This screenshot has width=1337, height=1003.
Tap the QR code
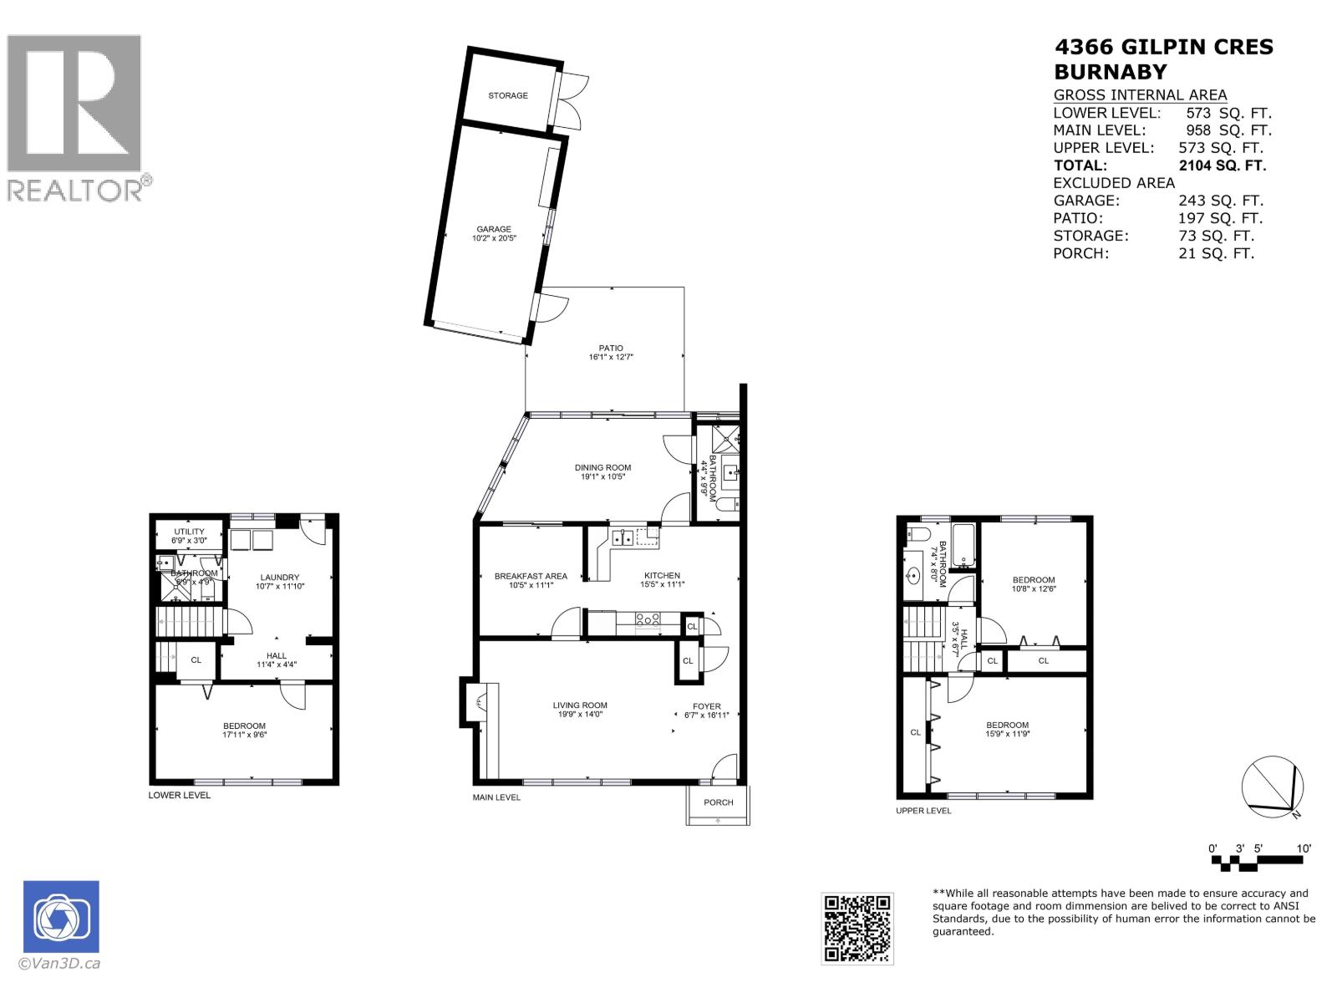point(857,928)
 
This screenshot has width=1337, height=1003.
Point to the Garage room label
point(494,229)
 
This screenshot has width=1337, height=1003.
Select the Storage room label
point(508,95)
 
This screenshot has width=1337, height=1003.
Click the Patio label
point(611,349)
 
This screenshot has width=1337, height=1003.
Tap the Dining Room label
point(602,468)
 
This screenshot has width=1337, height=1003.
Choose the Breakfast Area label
point(531,576)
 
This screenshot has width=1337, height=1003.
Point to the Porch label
point(718,802)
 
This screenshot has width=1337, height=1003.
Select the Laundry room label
point(279,578)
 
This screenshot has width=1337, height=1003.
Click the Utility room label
point(190,532)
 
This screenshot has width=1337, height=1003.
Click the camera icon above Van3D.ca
point(61,916)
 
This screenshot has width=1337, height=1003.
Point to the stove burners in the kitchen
point(648,620)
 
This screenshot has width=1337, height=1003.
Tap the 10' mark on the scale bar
point(1304,848)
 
